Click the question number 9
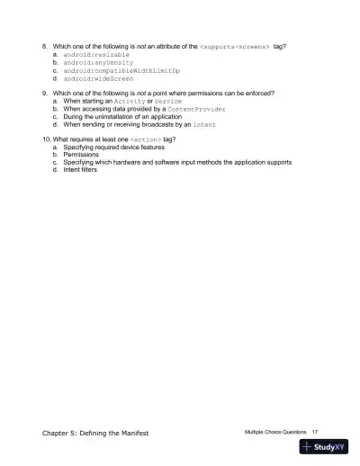(x=46, y=94)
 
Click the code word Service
(x=169, y=102)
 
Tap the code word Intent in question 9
(x=204, y=126)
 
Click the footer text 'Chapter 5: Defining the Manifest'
(x=95, y=433)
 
